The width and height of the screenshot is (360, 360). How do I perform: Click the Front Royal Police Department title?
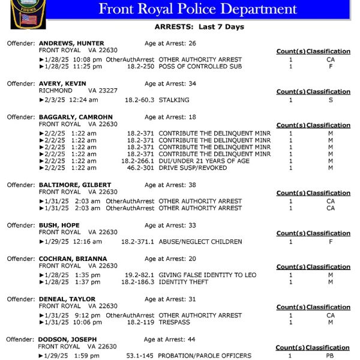click(x=197, y=9)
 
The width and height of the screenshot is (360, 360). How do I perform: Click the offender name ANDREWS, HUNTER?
click(x=71, y=43)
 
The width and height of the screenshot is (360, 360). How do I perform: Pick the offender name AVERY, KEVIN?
click(x=62, y=83)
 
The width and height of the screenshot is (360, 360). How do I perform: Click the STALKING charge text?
click(x=173, y=100)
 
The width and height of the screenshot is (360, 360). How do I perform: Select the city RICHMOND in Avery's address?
click(x=56, y=91)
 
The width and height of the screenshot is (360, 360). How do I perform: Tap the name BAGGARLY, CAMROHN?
click(x=75, y=117)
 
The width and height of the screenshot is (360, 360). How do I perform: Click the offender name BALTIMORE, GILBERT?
click(x=75, y=185)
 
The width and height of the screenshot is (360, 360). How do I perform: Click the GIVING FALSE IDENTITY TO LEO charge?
click(x=207, y=275)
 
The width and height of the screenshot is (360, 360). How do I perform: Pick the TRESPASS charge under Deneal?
click(x=173, y=323)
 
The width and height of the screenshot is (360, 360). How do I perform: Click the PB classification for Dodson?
click(x=329, y=356)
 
